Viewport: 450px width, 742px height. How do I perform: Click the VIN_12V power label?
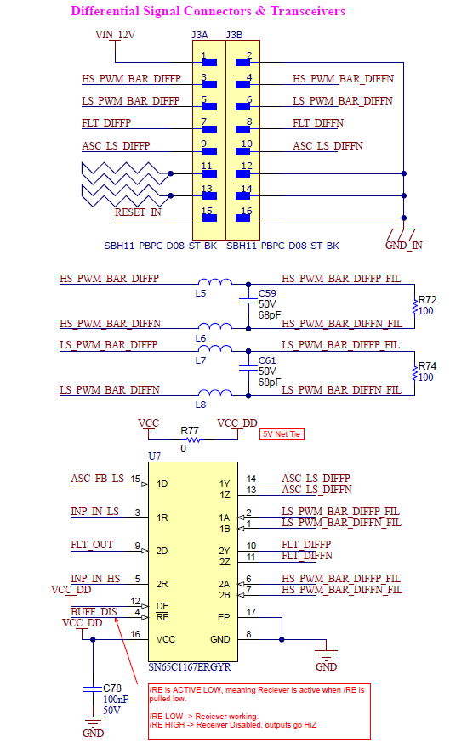pos(115,35)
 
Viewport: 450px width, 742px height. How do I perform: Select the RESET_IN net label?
pos(138,212)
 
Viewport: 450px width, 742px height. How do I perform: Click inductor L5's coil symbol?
pos(215,281)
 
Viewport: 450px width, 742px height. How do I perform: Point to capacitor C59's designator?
pos(267,293)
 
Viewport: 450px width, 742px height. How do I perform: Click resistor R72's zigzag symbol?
pos(414,306)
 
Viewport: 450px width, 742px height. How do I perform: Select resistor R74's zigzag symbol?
pos(414,372)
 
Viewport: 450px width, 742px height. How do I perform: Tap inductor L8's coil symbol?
pos(215,393)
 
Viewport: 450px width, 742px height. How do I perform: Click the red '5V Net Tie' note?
pos(282,434)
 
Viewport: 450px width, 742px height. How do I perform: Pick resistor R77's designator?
pos(190,431)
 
